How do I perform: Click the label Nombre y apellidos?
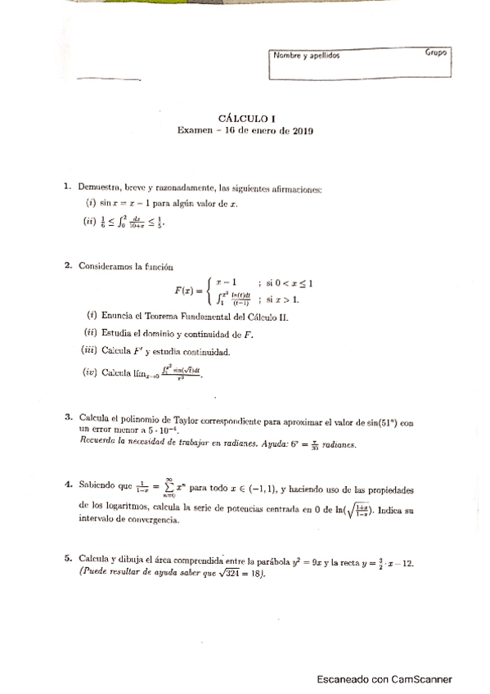(306, 56)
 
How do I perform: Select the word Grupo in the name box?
(435, 53)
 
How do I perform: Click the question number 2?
(68, 266)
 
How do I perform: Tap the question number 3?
(68, 417)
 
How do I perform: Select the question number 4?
(68, 485)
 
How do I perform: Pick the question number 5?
(68, 558)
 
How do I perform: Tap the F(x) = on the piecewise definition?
(191, 290)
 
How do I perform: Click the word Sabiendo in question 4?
(99, 485)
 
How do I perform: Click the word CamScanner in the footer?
(419, 678)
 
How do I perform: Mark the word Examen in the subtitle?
(193, 130)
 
